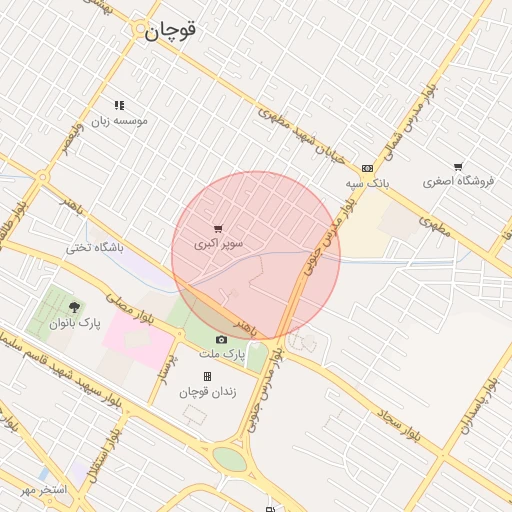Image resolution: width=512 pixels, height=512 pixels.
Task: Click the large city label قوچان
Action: (x=171, y=30)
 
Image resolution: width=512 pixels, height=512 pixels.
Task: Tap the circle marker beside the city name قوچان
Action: (x=140, y=31)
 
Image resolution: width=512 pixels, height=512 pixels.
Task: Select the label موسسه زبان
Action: (x=120, y=120)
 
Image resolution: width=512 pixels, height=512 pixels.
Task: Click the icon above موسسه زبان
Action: (x=119, y=105)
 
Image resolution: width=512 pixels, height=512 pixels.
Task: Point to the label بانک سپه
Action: (x=367, y=184)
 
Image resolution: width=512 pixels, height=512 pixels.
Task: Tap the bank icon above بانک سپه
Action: (x=367, y=168)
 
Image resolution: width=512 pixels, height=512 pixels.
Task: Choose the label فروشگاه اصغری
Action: (x=459, y=181)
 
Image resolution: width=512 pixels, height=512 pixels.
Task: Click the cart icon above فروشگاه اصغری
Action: (x=458, y=166)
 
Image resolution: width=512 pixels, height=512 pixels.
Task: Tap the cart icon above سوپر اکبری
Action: (x=219, y=228)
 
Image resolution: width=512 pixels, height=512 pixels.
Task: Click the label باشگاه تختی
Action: (x=95, y=247)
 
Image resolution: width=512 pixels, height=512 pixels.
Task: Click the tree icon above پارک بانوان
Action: (x=74, y=307)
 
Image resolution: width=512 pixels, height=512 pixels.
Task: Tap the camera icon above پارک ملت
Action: (x=221, y=340)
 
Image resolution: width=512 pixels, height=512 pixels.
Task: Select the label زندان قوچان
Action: (x=207, y=392)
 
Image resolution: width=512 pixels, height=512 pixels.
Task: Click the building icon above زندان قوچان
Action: (x=207, y=377)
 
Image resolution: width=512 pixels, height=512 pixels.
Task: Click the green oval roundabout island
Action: (x=229, y=459)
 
